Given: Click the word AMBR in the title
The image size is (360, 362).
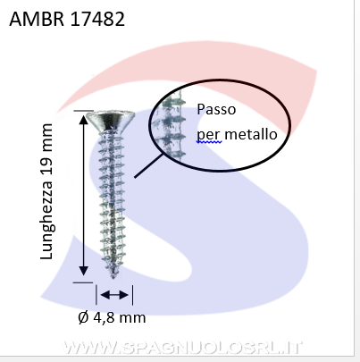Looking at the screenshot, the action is pyautogui.click(x=37, y=19).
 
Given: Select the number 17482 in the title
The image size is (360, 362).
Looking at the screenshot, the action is pyautogui.click(x=97, y=19).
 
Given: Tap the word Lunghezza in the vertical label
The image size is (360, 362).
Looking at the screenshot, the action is pyautogui.click(x=46, y=219).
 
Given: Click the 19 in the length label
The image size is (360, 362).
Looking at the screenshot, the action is pyautogui.click(x=46, y=157).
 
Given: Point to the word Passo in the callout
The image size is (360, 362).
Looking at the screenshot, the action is pyautogui.click(x=216, y=109).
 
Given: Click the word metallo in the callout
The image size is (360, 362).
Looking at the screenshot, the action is pyautogui.click(x=251, y=134).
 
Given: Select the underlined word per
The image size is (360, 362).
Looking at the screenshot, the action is pyautogui.click(x=209, y=136).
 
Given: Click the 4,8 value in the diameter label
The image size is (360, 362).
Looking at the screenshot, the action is pyautogui.click(x=104, y=317).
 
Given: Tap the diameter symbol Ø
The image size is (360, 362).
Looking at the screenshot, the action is pyautogui.click(x=84, y=317).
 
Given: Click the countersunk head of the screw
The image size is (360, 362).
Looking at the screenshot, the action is pyautogui.click(x=110, y=120).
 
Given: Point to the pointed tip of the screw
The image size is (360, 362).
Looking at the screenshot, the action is pyautogui.click(x=113, y=276).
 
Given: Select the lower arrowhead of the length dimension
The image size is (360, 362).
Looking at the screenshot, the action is pyautogui.click(x=84, y=271).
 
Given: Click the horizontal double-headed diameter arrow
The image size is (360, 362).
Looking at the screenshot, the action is pyautogui.click(x=114, y=295).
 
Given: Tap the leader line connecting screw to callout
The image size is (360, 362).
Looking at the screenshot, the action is pyautogui.click(x=149, y=165).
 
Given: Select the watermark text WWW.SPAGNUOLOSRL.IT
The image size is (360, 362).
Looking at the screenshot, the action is pyautogui.click(x=181, y=348).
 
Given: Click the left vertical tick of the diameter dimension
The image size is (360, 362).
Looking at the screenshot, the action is pyautogui.click(x=96, y=295).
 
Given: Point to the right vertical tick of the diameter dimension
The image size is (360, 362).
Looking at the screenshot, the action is pyautogui.click(x=132, y=295).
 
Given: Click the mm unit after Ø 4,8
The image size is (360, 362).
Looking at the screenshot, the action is pyautogui.click(x=132, y=318).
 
